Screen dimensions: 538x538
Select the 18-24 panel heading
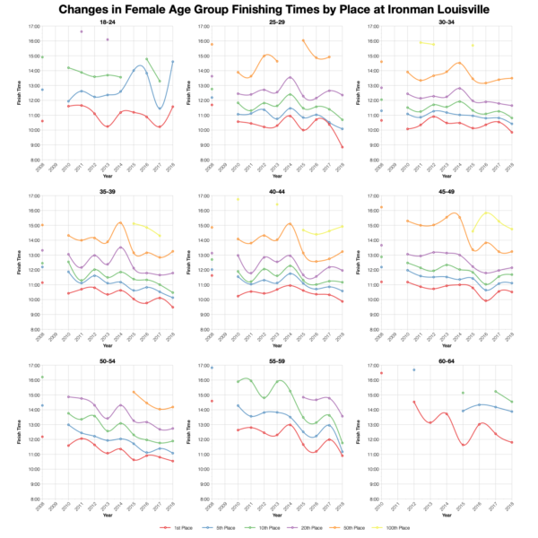coord(106,22)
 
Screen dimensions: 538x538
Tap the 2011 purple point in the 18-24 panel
coord(82,31)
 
